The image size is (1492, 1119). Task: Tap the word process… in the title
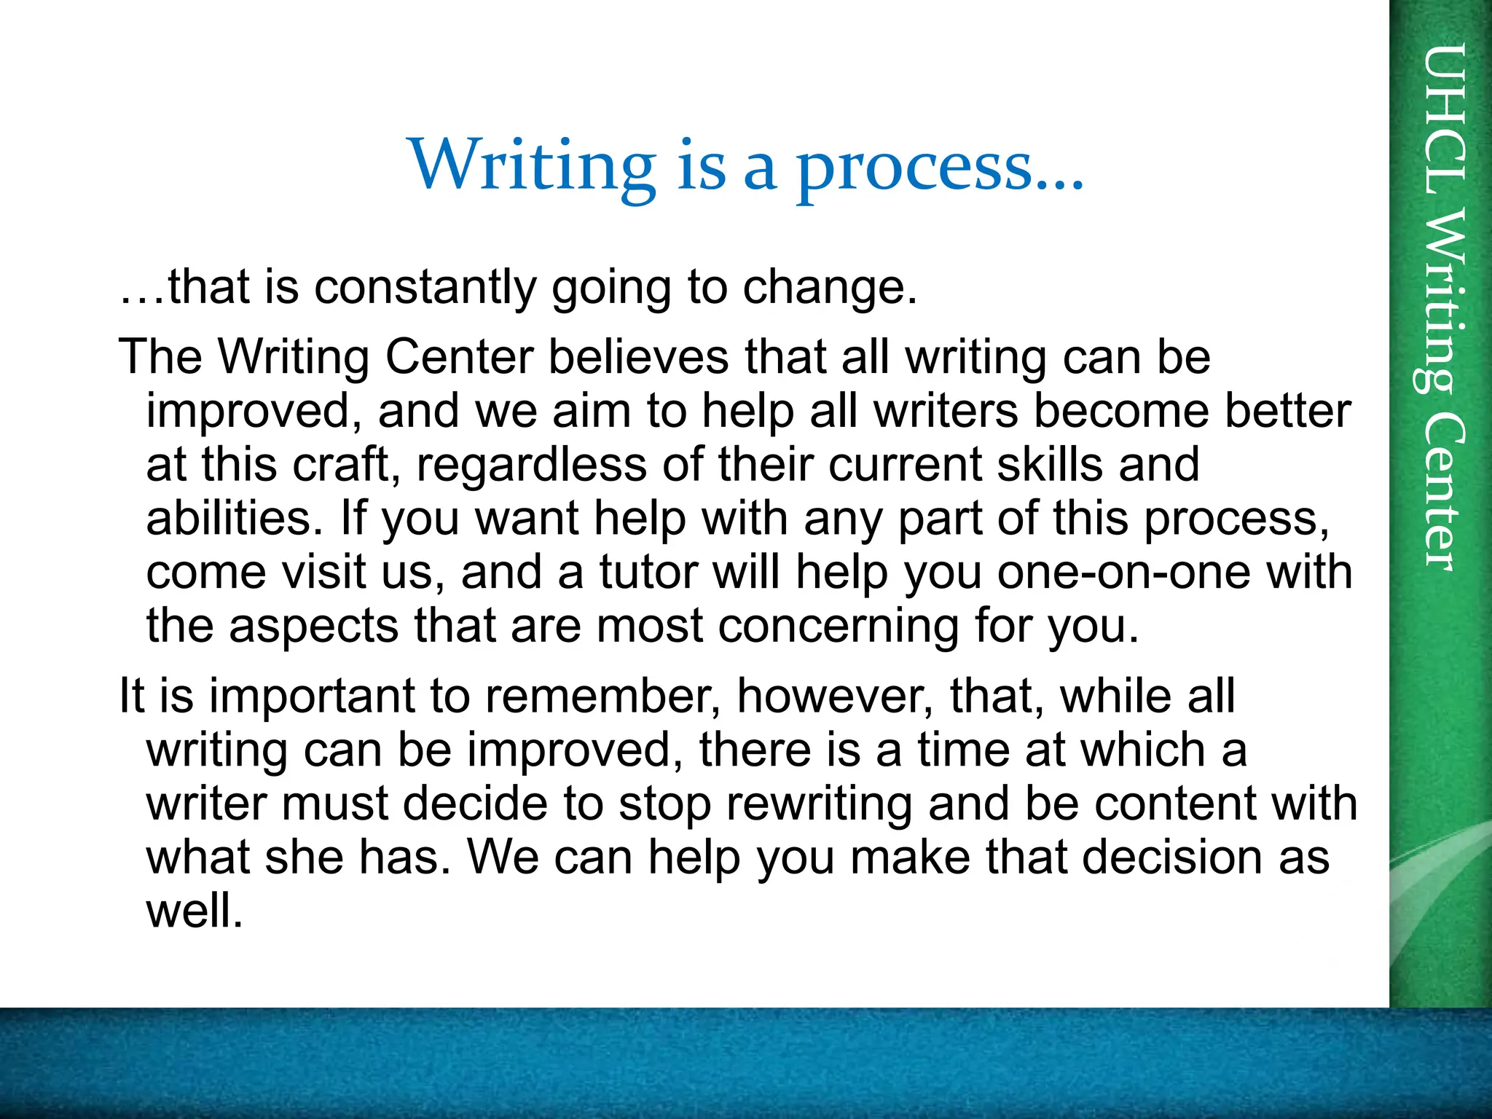[940, 169]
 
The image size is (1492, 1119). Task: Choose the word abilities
[234, 518]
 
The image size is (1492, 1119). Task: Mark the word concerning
[838, 627]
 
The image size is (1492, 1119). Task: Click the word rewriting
[819, 804]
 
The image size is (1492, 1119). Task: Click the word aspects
[314, 627]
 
